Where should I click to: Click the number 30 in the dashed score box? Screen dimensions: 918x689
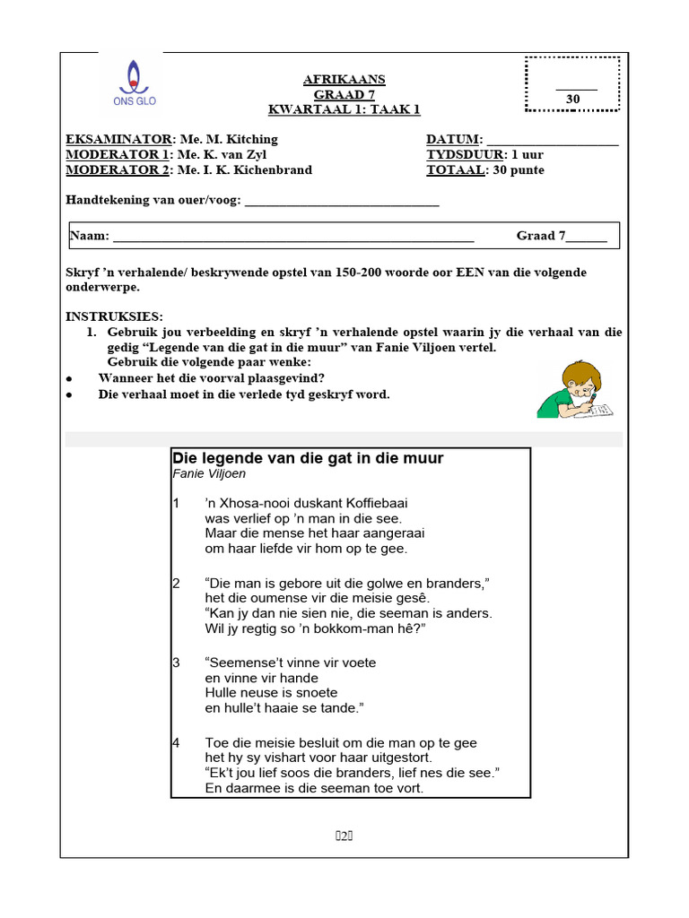point(572,99)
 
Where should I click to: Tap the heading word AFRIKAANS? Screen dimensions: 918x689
point(344,80)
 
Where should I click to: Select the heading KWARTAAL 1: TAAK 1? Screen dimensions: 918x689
point(344,109)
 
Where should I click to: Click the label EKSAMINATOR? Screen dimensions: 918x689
point(118,139)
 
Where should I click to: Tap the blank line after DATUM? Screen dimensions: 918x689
point(552,141)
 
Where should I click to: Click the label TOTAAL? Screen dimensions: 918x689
point(455,169)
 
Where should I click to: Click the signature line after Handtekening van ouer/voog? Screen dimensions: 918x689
point(342,202)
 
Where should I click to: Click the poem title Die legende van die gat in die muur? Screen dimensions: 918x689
point(308,458)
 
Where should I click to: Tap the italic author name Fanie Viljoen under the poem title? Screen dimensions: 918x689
point(208,473)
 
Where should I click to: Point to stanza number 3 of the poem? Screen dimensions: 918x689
point(176,663)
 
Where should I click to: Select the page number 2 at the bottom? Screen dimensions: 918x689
point(344,836)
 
